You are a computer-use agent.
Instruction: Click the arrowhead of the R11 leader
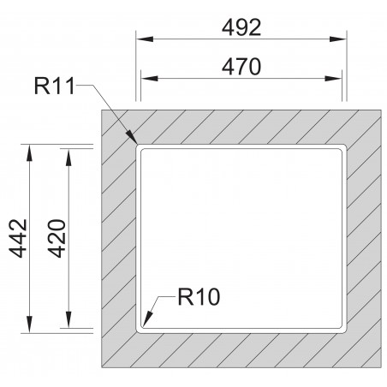(134, 142)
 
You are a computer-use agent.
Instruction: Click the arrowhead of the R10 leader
(142, 326)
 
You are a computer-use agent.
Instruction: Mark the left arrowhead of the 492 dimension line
(141, 39)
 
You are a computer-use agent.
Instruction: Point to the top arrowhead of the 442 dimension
(31, 147)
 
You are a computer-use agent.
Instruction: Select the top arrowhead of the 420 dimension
(68, 152)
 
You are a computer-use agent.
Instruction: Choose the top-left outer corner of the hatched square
(101, 110)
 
